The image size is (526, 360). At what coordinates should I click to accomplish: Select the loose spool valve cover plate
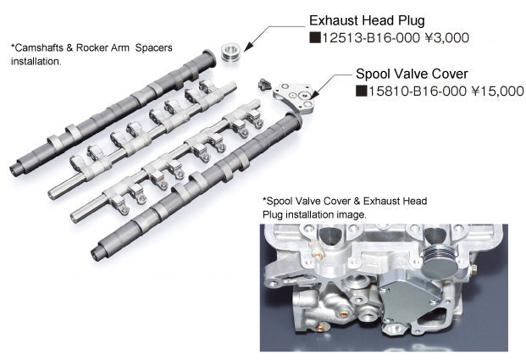(296, 94)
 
